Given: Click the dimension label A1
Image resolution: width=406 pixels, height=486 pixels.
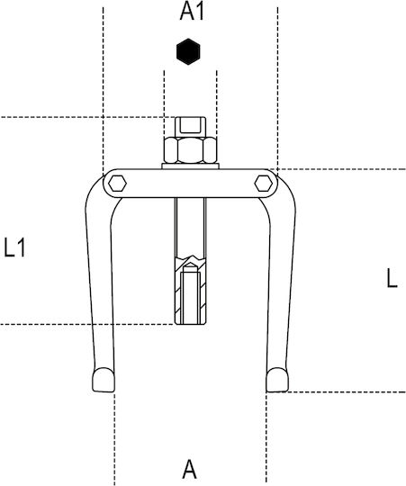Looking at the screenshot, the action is tap(192, 13).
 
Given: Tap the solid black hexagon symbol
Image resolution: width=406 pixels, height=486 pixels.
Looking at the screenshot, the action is tap(188, 52).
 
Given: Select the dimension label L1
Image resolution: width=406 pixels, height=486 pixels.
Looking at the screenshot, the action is tap(14, 247).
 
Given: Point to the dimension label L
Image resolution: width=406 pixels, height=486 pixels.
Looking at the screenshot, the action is tap(392, 278).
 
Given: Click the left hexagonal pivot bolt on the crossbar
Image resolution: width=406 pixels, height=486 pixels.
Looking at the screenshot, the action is tap(117, 184).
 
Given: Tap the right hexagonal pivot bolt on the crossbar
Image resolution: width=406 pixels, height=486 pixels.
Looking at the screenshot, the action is tap(264, 184).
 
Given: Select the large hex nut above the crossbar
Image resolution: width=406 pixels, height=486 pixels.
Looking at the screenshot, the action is tap(190, 150).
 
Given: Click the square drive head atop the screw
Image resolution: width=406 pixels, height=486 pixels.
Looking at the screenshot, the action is tap(190, 127).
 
